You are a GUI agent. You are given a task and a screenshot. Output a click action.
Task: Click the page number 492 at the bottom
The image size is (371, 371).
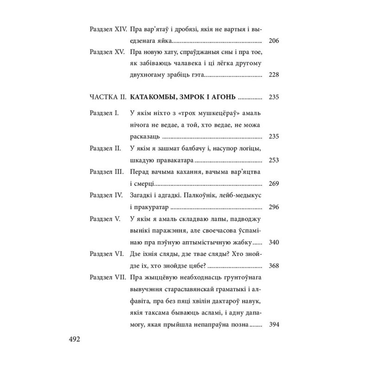[x=75, y=339]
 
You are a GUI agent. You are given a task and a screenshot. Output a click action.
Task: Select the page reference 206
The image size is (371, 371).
[x=274, y=41]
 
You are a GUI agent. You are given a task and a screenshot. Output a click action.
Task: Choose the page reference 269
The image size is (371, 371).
[x=274, y=184]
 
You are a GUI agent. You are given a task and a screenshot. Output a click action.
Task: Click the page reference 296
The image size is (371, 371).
[x=274, y=207]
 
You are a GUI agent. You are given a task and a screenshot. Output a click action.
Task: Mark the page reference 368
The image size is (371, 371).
[x=274, y=266]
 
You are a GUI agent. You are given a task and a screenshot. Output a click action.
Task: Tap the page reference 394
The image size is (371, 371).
[x=274, y=324]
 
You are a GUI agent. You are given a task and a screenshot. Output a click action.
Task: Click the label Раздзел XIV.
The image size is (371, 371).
[x=107, y=29]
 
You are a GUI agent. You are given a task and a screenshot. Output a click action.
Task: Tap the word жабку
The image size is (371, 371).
[x=240, y=242]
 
